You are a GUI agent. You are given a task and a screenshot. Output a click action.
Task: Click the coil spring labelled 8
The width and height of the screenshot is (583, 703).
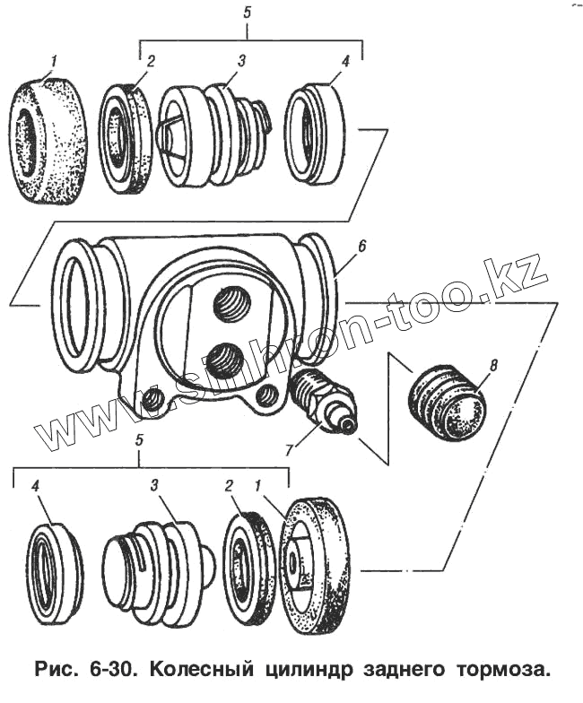[x=447, y=403]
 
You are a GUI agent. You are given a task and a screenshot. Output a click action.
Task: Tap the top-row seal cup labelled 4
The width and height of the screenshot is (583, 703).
[x=314, y=134]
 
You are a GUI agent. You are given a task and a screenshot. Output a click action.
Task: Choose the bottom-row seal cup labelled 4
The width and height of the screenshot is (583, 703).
[x=55, y=575]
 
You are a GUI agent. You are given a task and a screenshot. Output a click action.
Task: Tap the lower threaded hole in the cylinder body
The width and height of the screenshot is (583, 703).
[x=224, y=360]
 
